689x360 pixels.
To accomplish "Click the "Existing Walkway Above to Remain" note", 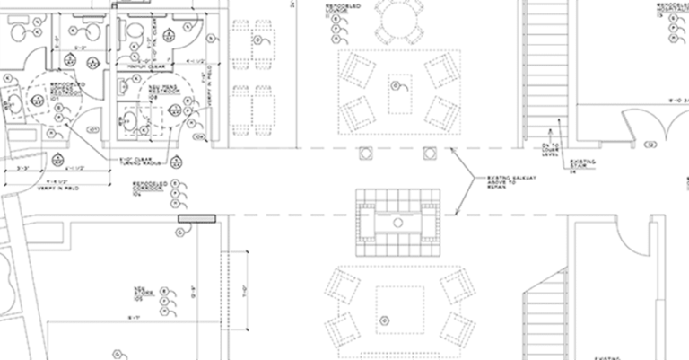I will coord(506,183).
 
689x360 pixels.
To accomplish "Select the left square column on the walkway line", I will coord(364,152).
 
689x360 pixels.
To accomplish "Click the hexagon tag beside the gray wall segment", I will coord(180,233).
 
